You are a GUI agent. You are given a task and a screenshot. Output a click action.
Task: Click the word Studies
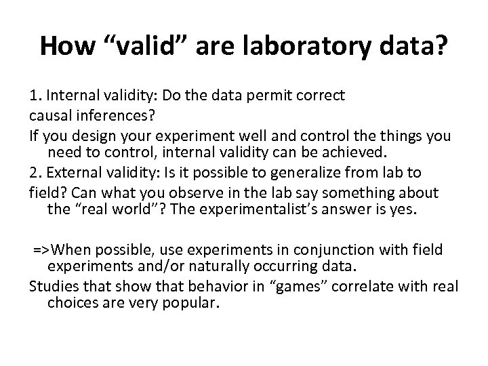pyautogui.click(x=54, y=285)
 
